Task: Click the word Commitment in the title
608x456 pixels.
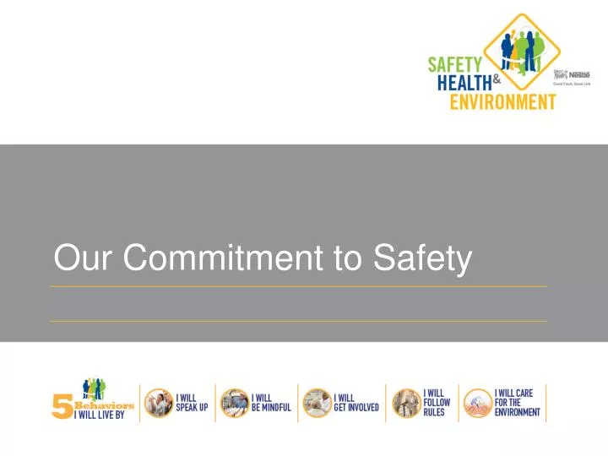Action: click(x=227, y=258)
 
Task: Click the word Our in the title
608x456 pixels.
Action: click(x=85, y=258)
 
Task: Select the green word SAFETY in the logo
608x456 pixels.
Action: click(x=456, y=64)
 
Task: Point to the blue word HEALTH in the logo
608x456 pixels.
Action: click(x=464, y=83)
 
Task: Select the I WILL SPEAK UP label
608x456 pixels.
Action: click(x=192, y=402)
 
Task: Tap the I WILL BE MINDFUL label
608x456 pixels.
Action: click(x=270, y=402)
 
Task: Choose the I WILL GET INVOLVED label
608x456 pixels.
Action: click(x=356, y=402)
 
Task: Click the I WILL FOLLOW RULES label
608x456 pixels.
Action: click(x=437, y=403)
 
